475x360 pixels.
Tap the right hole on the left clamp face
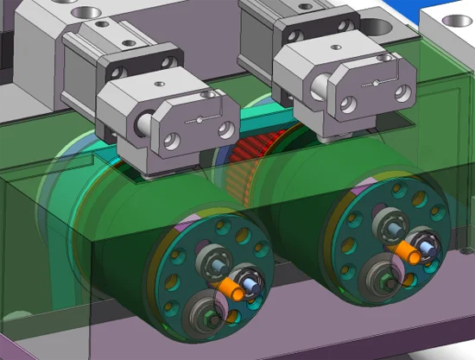226,129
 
